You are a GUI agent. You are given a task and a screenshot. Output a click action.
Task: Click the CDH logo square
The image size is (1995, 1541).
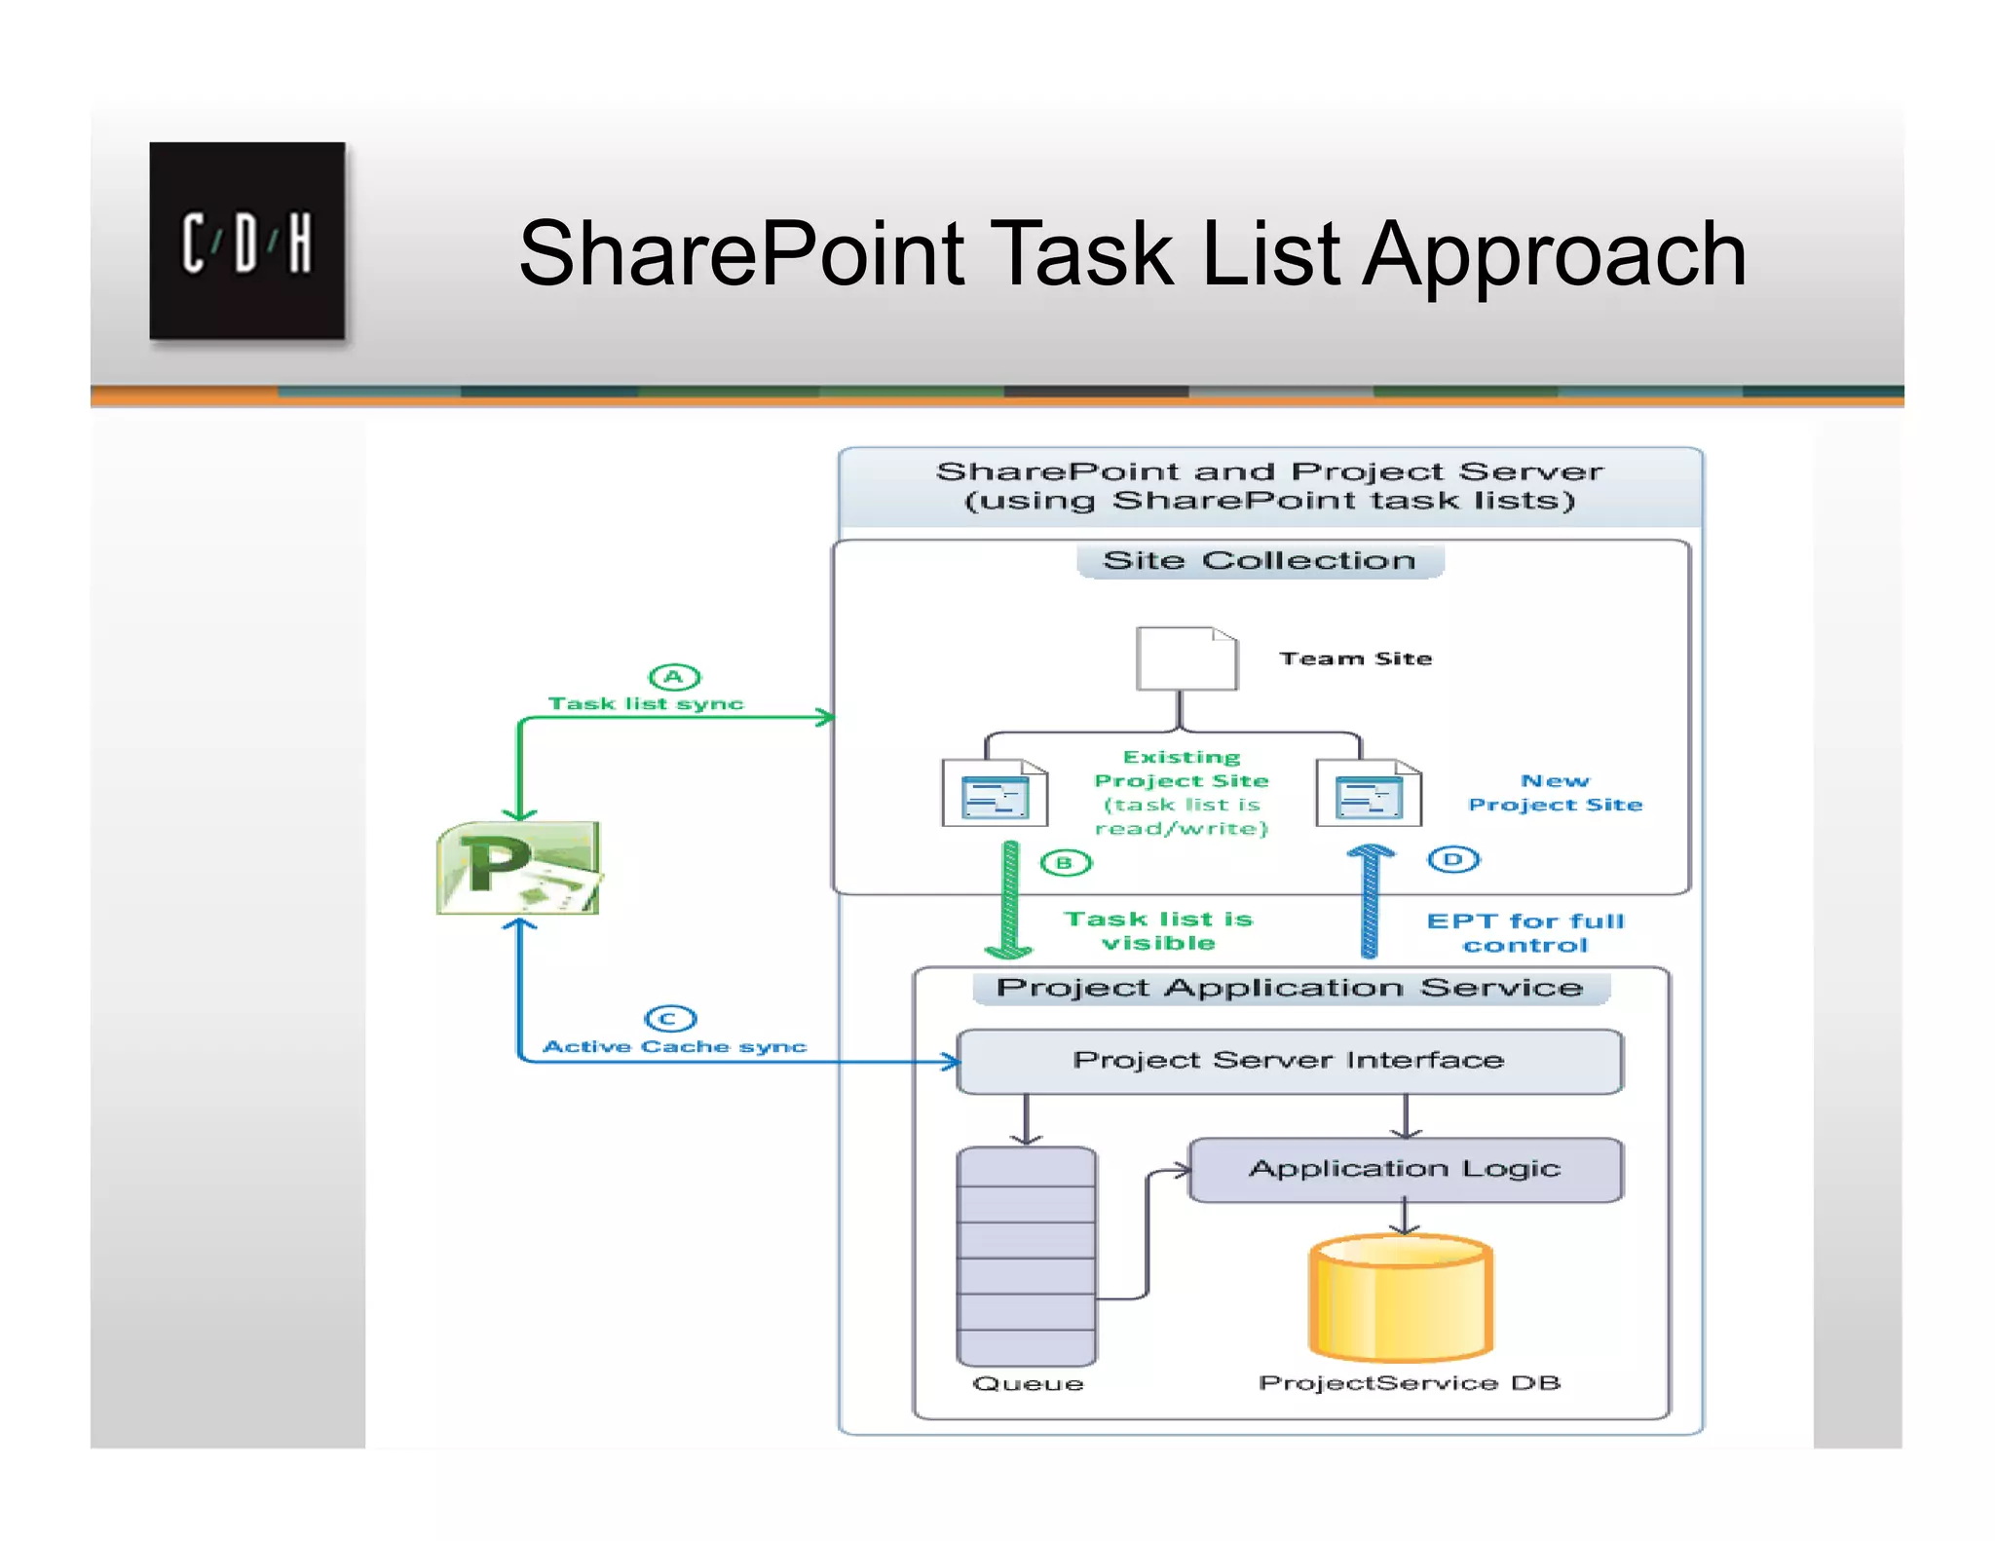(x=246, y=241)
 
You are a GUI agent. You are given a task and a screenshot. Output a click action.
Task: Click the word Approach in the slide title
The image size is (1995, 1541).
(x=1554, y=255)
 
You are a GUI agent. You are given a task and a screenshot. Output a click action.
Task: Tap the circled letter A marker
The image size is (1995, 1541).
(x=674, y=677)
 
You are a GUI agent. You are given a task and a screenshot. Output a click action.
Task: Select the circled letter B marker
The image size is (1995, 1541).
(x=1066, y=863)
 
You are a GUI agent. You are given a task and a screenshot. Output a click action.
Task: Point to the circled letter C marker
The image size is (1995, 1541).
(x=670, y=1019)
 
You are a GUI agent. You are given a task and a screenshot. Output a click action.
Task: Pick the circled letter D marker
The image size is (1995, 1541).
(x=1453, y=859)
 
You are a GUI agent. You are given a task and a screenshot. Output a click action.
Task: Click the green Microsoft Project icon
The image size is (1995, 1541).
(x=518, y=868)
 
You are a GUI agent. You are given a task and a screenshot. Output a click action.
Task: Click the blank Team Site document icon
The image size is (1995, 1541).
(x=1186, y=659)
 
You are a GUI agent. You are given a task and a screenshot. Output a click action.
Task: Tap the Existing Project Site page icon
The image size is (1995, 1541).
(x=995, y=793)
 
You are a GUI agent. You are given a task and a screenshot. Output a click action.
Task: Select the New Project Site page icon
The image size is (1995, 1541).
(x=1369, y=793)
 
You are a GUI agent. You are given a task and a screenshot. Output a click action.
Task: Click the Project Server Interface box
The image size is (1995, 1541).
(x=1289, y=1061)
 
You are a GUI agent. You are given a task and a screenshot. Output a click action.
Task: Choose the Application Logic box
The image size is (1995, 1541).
(x=1405, y=1169)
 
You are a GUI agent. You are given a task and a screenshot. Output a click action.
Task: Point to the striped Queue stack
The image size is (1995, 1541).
(x=1027, y=1257)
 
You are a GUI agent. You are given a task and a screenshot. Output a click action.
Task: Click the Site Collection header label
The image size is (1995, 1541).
(x=1259, y=561)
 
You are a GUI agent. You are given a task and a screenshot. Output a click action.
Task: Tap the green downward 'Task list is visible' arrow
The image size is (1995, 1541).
(x=1010, y=901)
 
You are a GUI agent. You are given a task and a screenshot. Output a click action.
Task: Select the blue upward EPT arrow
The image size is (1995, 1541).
(x=1370, y=901)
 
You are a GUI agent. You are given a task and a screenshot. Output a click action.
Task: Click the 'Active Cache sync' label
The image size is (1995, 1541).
(x=674, y=1047)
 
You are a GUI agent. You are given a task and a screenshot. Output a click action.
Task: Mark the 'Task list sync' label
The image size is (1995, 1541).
(x=645, y=704)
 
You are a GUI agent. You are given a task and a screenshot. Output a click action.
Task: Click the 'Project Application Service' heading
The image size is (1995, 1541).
(x=1289, y=988)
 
